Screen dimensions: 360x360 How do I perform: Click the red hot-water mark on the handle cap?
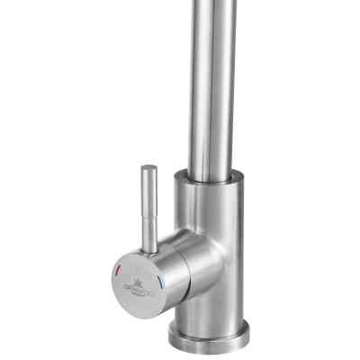[119, 271]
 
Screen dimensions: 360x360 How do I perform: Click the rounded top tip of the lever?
[148, 169]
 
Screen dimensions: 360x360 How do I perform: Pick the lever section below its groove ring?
[150, 220]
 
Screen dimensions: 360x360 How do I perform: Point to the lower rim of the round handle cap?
[144, 305]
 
